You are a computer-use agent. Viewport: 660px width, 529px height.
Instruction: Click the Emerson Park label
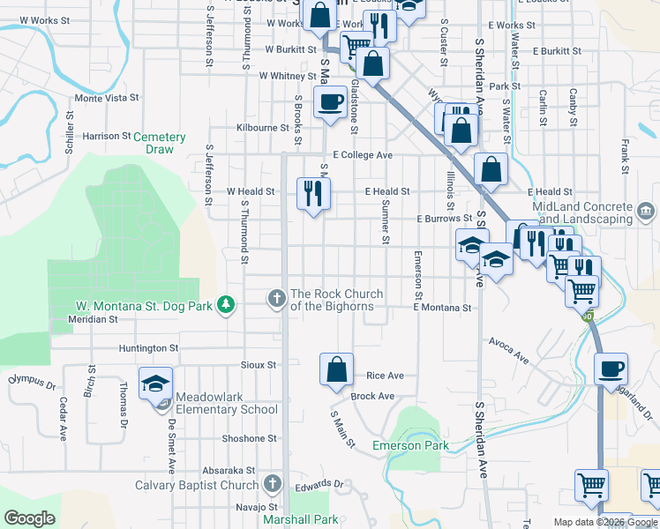pos(410,445)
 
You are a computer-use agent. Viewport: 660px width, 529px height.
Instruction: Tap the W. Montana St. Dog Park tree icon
pos(228,305)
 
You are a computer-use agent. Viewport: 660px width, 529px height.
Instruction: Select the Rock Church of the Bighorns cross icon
pos(277,299)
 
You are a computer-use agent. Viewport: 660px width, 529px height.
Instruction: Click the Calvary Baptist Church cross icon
pos(272,484)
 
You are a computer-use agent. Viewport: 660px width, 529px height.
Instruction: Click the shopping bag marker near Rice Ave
pos(336,369)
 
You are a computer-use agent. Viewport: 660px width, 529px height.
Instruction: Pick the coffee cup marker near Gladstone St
pos(331,101)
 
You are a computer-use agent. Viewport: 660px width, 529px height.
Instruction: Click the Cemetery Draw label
pos(160,143)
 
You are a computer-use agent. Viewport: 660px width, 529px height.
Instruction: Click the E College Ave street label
pos(363,155)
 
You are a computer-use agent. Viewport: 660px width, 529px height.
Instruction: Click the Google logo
pos(29,518)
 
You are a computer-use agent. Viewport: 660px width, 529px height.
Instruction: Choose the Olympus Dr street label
pos(32,382)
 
